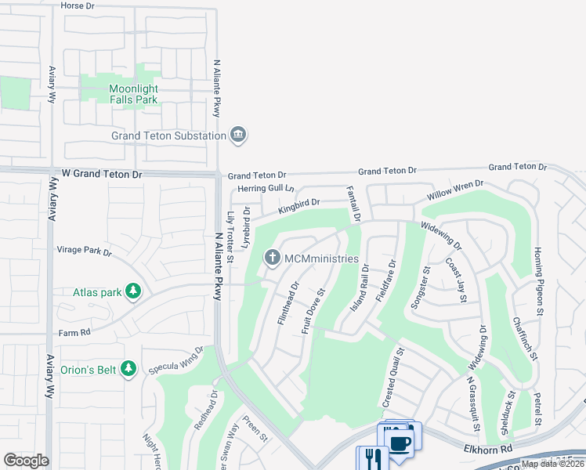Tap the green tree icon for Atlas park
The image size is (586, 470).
(x=133, y=292)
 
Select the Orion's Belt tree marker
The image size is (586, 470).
(x=129, y=368)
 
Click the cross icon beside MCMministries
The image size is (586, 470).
(x=272, y=258)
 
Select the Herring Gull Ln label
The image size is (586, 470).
(x=266, y=189)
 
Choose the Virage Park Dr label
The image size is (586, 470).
(x=85, y=253)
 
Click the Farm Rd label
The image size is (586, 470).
(x=74, y=332)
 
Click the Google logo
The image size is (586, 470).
(x=27, y=460)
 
